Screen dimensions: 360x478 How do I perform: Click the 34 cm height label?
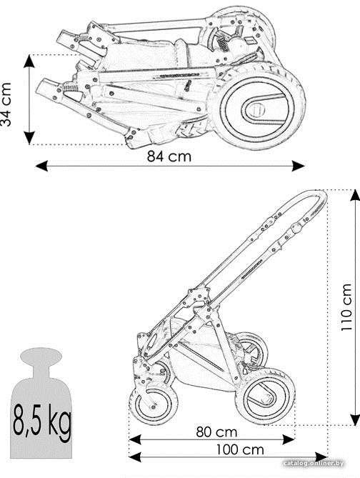click(x=6, y=104)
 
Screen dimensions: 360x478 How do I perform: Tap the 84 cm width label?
click(x=169, y=156)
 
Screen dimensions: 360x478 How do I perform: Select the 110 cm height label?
click(x=346, y=307)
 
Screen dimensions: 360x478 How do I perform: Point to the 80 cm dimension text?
click(x=216, y=432)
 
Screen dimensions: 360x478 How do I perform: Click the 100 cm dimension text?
click(x=240, y=449)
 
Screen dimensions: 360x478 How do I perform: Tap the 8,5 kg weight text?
click(x=41, y=420)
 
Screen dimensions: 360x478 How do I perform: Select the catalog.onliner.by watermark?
click(x=314, y=464)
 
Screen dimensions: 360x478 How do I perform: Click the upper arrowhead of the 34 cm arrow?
click(x=29, y=61)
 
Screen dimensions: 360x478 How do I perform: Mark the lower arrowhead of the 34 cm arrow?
click(x=29, y=138)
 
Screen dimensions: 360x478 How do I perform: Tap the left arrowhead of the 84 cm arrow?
click(x=41, y=166)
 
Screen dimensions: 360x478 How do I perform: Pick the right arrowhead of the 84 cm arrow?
click(x=299, y=166)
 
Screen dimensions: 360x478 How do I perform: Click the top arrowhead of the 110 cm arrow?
click(x=354, y=195)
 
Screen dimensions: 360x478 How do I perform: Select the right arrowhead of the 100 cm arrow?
click(x=321, y=457)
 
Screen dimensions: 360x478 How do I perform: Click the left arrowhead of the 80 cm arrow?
click(x=135, y=439)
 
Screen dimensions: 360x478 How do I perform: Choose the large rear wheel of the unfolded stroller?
click(x=265, y=397)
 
